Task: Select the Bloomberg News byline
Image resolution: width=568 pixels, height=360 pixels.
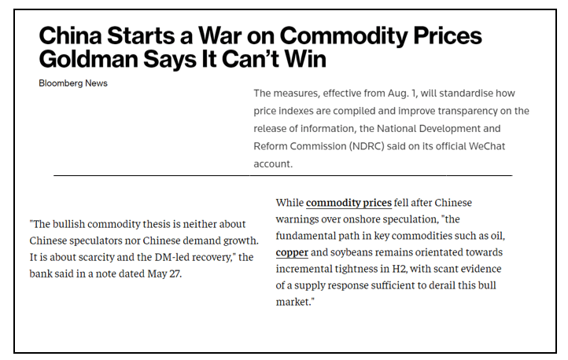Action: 73,83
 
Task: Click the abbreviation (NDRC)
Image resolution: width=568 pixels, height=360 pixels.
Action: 404,146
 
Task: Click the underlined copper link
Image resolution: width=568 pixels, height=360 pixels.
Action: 292,252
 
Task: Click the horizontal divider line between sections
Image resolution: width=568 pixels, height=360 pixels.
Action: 282,174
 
